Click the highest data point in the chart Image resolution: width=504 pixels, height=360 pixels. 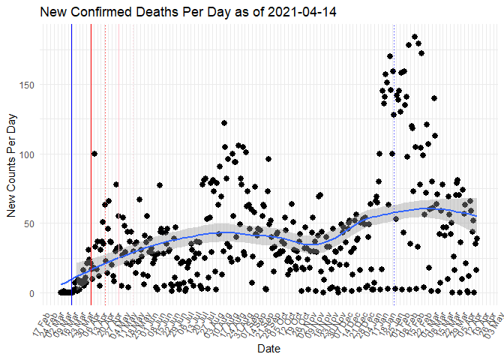[415, 37]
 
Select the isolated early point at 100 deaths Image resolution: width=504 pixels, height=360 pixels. [94, 154]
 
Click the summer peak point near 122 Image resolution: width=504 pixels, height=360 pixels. [224, 123]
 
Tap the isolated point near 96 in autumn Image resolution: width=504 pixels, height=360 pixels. [268, 159]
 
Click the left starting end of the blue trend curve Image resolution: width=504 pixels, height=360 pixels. [61, 285]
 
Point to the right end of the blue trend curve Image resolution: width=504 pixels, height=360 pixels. [477, 216]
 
